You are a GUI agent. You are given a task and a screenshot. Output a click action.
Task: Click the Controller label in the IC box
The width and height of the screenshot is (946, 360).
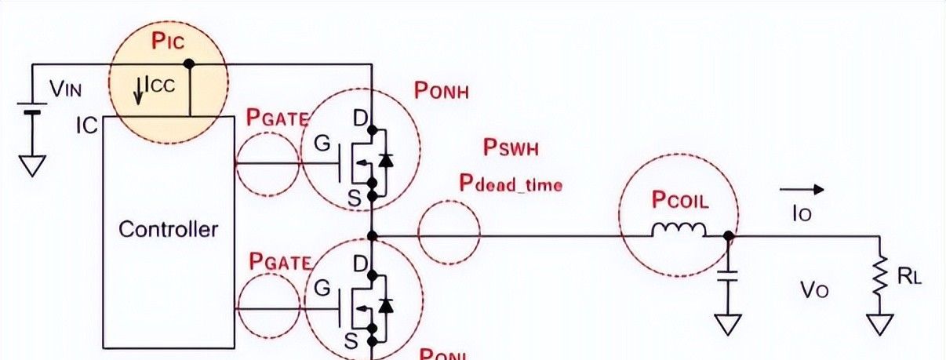click(168, 230)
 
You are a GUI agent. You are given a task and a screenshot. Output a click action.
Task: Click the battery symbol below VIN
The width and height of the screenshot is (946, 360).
click(31, 110)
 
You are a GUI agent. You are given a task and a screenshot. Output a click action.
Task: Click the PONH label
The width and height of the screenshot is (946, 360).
click(441, 91)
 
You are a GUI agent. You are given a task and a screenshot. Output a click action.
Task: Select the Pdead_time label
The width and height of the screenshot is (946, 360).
click(511, 184)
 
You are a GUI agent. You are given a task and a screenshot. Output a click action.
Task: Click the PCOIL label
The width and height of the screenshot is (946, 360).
click(680, 199)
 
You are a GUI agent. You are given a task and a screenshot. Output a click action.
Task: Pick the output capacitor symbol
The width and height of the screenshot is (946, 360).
click(728, 276)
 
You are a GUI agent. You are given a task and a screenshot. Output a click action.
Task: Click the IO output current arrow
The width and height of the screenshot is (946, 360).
click(801, 189)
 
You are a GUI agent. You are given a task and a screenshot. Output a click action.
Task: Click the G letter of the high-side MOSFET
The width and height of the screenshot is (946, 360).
click(322, 144)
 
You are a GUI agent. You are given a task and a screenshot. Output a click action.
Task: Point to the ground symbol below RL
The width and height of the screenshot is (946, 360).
click(881, 322)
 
